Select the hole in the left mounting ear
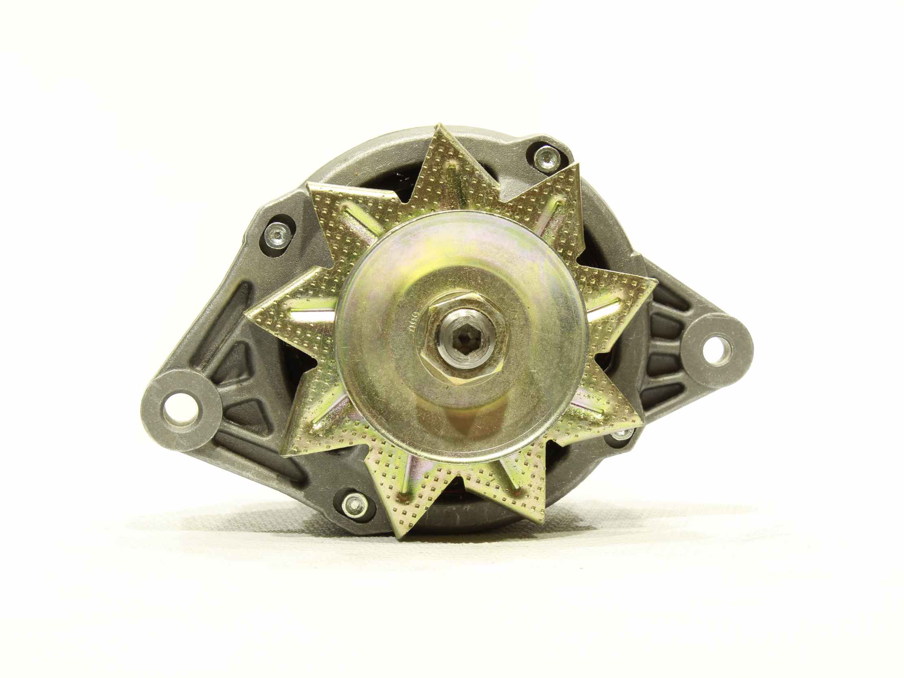[x=179, y=408]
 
